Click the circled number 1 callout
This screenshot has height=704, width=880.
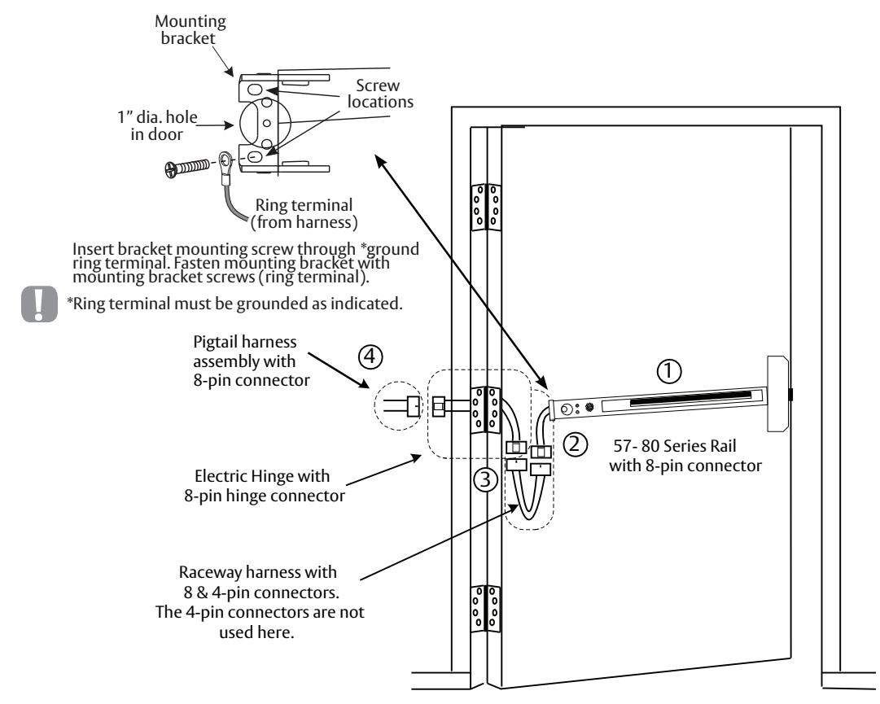[x=669, y=371]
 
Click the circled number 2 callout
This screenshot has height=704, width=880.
[x=575, y=444]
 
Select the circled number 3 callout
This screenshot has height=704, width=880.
[x=485, y=479]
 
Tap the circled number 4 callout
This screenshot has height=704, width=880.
[x=370, y=356]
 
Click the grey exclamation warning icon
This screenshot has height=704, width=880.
[x=39, y=304]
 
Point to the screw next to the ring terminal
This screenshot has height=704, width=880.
[x=187, y=168]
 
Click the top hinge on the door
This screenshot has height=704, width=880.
[x=485, y=207]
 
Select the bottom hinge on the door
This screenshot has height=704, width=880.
[x=485, y=609]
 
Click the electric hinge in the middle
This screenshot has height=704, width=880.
[x=485, y=409]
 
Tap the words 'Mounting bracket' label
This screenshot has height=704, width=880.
[x=190, y=30]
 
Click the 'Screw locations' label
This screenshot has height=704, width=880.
[x=380, y=94]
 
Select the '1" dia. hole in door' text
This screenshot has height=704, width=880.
[x=157, y=125]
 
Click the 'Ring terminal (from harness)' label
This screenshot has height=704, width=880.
[x=304, y=214]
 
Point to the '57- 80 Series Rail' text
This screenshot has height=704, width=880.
[x=675, y=446]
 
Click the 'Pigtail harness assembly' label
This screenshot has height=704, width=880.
[x=245, y=351]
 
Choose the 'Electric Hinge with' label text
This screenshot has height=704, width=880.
[x=262, y=476]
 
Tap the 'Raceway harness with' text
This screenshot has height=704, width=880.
[x=257, y=572]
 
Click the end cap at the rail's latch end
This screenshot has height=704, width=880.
[x=778, y=394]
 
